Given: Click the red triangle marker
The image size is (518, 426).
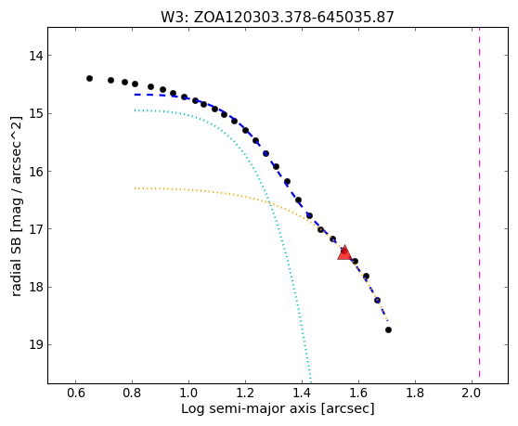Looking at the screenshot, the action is coord(344,253).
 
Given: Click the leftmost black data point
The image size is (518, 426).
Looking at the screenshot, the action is coord(89,78).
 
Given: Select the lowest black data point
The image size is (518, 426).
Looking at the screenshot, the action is coord(388,329).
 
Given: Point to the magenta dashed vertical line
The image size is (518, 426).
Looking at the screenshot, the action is coord(479,202).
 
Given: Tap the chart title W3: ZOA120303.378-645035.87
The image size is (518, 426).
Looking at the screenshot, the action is coord(278,17).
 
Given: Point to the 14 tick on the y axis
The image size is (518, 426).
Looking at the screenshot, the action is coord(35,56).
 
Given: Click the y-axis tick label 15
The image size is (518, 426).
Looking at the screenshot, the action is coord(35,113).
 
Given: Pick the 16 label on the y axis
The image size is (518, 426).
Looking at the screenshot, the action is coord(35,172).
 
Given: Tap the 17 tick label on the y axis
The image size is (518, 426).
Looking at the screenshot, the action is coord(35,229).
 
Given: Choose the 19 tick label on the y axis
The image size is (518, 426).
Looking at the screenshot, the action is coord(35,345).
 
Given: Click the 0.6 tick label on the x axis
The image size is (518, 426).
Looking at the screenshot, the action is coord(75,393).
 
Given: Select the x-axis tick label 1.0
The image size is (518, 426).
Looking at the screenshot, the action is coord(188,393).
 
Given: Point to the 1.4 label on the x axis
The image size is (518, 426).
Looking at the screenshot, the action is coord(302,393).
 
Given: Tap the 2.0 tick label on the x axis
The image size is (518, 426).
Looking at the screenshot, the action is coord(472,393).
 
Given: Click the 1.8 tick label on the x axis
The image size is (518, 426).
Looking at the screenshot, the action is coord(415,393).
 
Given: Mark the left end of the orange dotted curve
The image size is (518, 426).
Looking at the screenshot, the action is coord(135,188).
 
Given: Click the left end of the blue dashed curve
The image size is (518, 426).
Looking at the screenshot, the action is coord(135,95).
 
